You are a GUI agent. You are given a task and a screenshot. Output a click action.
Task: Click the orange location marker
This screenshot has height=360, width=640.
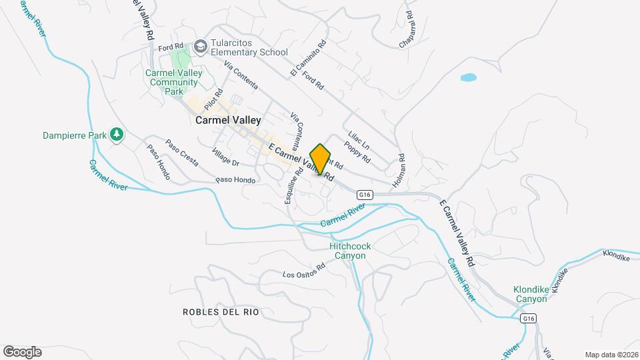click(x=321, y=159)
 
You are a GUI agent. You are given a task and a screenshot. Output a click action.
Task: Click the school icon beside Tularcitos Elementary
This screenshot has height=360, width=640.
click(x=200, y=47)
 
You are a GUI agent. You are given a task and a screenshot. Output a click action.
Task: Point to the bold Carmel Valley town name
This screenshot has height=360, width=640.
click(x=228, y=121)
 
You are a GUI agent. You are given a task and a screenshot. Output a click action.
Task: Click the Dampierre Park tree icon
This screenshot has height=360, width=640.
click(x=117, y=135)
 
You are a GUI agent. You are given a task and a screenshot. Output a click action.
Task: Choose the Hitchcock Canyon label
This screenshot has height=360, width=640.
click(x=350, y=251)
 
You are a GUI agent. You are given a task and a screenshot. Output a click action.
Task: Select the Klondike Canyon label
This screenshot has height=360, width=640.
click(x=539, y=294)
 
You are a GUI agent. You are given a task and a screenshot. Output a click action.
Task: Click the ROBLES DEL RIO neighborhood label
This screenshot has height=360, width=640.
click(x=220, y=312)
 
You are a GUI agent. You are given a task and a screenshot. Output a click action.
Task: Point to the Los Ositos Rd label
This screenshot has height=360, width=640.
click(x=303, y=270)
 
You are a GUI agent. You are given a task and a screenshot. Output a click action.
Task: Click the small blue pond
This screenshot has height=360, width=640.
click(x=469, y=77)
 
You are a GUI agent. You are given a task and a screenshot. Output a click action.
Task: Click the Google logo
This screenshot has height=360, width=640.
click(x=22, y=351)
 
